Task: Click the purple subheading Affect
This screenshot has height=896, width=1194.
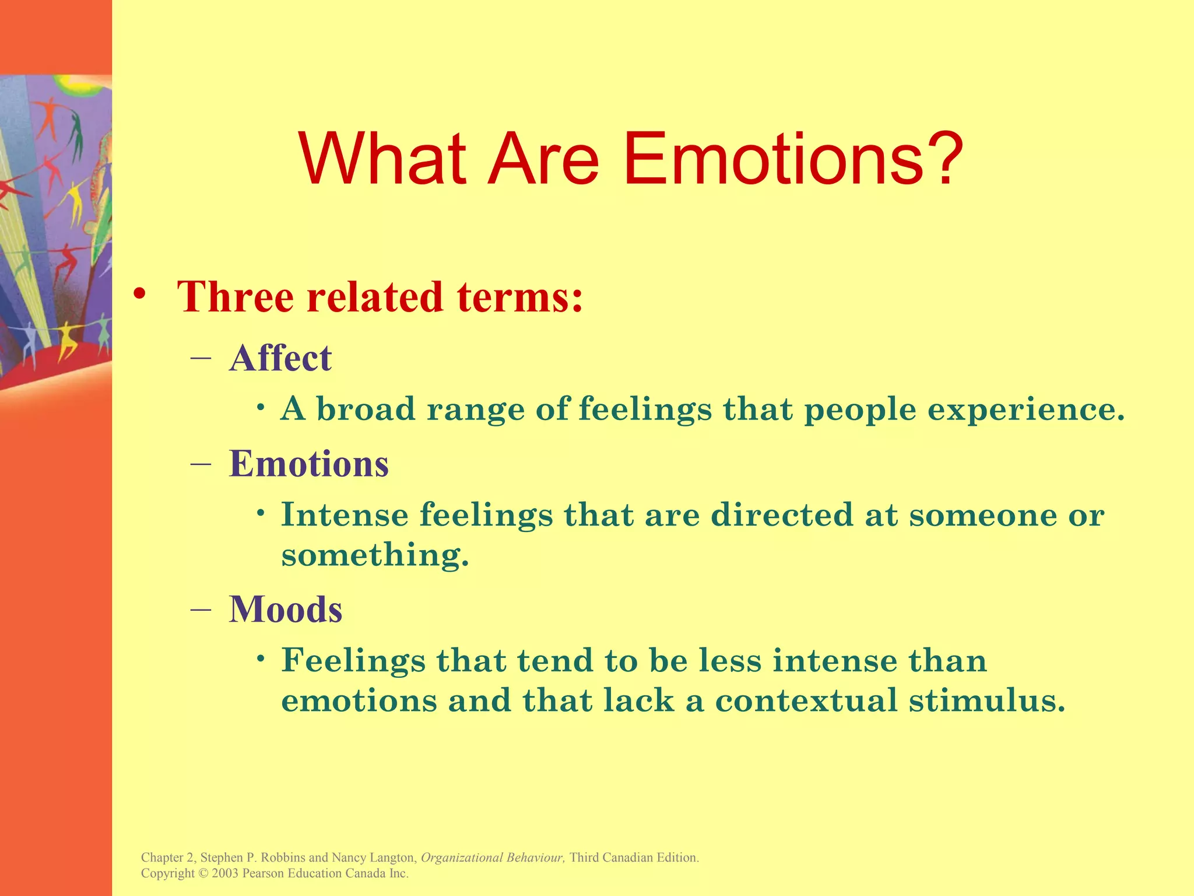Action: tap(280, 358)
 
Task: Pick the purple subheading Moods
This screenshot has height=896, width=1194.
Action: tap(286, 610)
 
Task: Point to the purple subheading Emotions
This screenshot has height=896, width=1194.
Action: tap(309, 464)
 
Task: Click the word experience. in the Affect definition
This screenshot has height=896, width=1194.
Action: tap(1026, 409)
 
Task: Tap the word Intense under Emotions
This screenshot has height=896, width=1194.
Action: tap(345, 514)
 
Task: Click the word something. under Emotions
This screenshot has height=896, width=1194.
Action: tap(375, 555)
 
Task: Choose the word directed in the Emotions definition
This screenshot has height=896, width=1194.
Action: tap(782, 514)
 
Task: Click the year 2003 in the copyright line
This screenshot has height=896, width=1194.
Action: tap(225, 873)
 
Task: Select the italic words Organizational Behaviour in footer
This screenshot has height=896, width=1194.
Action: tap(492, 857)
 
